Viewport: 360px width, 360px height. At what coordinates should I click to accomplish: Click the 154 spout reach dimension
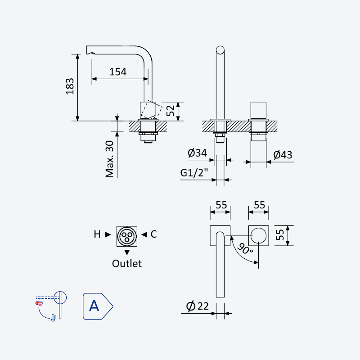coord(118,72)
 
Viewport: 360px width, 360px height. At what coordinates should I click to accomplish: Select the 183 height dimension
coord(70,86)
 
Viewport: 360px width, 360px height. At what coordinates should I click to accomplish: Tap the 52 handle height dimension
coord(171,111)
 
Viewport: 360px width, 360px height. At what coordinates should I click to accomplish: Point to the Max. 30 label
coord(109,159)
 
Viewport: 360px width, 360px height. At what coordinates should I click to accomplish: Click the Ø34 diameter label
coord(197,153)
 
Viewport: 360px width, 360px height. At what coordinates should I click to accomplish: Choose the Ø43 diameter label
coord(283,155)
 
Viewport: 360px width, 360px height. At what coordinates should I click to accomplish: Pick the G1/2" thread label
coord(194,173)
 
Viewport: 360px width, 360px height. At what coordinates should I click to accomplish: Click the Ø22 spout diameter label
coord(197,306)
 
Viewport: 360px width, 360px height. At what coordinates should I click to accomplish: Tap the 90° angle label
coord(245,249)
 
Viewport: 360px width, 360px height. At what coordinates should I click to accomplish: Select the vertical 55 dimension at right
coord(280,235)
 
